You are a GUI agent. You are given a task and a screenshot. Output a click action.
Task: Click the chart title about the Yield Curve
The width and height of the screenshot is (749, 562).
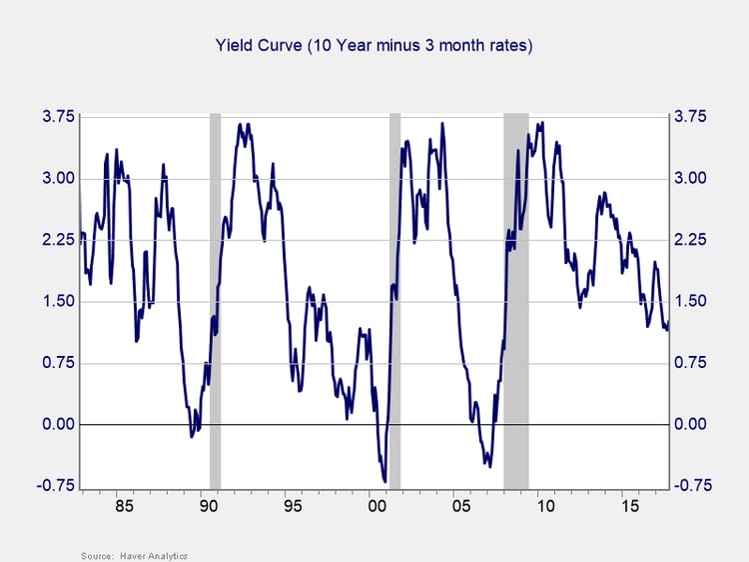click(374, 45)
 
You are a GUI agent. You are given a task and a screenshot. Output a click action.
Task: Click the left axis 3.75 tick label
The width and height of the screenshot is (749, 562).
click(56, 117)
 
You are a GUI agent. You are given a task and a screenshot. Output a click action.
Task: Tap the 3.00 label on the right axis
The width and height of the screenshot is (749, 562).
click(692, 178)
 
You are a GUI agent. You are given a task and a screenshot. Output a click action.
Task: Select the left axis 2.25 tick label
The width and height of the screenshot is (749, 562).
click(56, 240)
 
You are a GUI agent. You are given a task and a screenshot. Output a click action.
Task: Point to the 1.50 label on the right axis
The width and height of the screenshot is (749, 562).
click(692, 301)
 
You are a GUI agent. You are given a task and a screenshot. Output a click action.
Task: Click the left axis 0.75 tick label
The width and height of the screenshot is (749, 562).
click(56, 363)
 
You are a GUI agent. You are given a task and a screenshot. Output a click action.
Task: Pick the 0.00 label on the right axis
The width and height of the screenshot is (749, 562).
click(692, 424)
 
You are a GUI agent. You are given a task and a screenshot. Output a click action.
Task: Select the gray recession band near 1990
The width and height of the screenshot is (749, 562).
click(215, 300)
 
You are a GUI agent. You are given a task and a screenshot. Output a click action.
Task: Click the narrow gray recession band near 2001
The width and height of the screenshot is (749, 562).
click(394, 300)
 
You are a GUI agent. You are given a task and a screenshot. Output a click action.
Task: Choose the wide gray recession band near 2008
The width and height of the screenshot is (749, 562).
click(516, 300)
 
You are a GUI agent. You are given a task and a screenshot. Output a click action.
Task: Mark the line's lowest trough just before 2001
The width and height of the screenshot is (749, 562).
click(384, 481)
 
